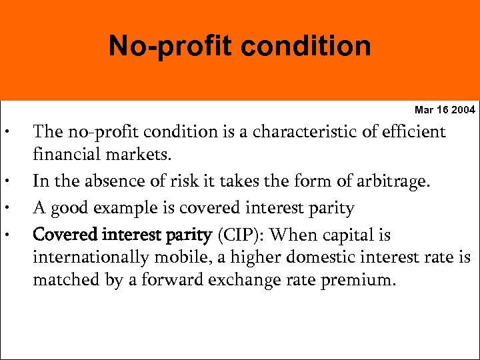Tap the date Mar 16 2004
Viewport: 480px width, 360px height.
[x=445, y=109]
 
